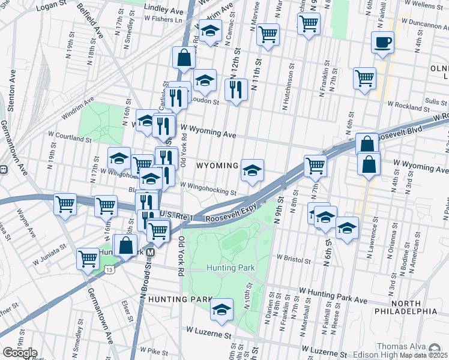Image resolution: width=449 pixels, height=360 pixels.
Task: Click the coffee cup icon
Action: tap(382, 43)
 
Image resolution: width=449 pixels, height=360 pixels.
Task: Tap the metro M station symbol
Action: tap(151, 252)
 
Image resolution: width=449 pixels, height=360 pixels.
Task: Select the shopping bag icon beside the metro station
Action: tap(125, 245)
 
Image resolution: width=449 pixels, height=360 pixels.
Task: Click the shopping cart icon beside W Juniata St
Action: tap(88, 259)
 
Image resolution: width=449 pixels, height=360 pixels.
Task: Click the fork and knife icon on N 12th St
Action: tap(236, 90)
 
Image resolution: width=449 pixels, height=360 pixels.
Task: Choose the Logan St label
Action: tap(50, 8)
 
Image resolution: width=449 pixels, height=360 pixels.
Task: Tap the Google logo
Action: tap(20, 353)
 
